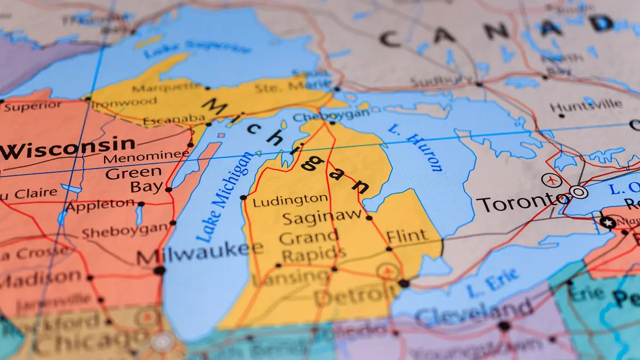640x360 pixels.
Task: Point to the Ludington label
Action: (290, 201)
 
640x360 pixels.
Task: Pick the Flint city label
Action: (406, 235)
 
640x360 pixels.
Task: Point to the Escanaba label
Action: (173, 118)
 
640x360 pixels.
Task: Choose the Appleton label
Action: (101, 205)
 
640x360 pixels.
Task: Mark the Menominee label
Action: (146, 157)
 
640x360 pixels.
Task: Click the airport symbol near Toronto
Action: (551, 180)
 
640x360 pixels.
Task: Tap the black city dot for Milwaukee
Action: (159, 270)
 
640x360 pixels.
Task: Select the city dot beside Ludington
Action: (243, 197)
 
